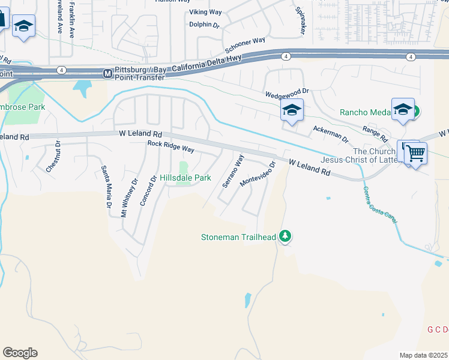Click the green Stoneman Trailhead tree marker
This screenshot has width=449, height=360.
286,236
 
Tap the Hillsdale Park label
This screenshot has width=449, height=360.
185,178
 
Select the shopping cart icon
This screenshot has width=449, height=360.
414,152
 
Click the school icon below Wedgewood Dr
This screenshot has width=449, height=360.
292,110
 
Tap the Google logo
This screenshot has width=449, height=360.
20,353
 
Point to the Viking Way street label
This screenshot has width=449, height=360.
205,12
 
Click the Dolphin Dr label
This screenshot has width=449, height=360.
205,25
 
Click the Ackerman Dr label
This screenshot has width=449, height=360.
331,134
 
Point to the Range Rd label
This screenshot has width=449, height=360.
375,130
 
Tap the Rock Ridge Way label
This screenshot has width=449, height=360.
171,148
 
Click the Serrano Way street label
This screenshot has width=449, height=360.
234,171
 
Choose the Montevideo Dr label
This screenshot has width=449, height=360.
258,173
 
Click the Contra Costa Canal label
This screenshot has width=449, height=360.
380,205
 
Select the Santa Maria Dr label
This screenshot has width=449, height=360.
106,187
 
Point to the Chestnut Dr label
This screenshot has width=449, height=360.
53,157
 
